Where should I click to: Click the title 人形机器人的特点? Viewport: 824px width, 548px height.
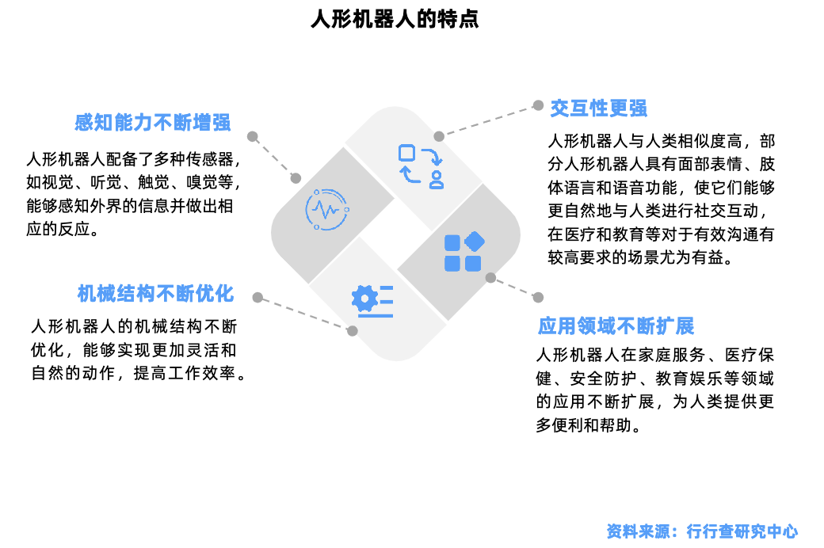395,19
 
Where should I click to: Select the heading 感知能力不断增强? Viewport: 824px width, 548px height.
152,123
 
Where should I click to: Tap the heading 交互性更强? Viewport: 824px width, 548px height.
598,108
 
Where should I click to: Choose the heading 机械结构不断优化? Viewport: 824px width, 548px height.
155,294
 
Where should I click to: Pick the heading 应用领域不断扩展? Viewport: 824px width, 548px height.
616,326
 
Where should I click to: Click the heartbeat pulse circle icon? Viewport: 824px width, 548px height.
327,210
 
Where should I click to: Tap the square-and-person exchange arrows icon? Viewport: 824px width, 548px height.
421,166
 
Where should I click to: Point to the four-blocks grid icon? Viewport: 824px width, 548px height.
463,252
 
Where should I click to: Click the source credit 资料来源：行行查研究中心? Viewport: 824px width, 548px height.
702,531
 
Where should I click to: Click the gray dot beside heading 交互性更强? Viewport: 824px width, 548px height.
538,105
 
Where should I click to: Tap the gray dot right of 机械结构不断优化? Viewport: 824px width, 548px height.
257,298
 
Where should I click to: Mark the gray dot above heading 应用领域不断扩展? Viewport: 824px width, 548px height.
538,298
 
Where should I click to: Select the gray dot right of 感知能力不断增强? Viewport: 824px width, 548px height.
252,137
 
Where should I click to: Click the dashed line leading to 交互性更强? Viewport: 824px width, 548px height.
488,121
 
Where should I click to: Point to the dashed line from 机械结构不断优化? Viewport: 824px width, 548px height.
305,314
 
